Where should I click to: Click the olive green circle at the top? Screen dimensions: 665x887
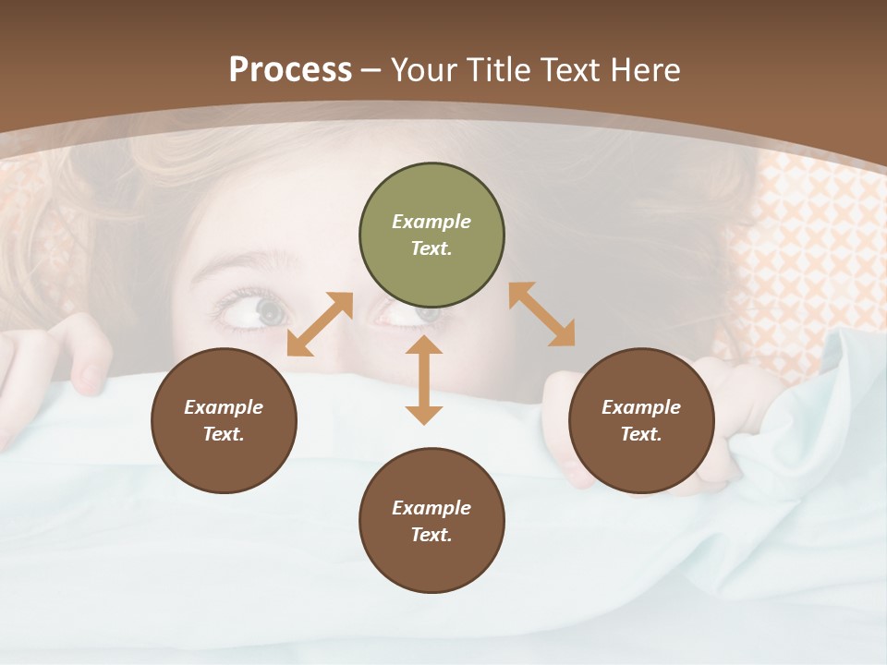pos(431,235)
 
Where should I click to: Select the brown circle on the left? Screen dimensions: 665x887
pos(224,420)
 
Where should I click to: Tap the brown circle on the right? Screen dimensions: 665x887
pos(641,420)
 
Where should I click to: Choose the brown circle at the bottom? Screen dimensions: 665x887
pos(431,521)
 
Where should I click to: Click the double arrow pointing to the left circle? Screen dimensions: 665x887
pos(320,324)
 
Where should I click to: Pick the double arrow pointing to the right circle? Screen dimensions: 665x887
pos(541,314)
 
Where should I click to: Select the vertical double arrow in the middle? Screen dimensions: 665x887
pos(424,381)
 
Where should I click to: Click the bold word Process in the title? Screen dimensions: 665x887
pos(290,69)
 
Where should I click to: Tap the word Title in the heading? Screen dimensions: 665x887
pos(496,69)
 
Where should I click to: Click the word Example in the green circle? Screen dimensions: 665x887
pos(431,222)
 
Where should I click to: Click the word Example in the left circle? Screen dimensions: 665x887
pos(224,407)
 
